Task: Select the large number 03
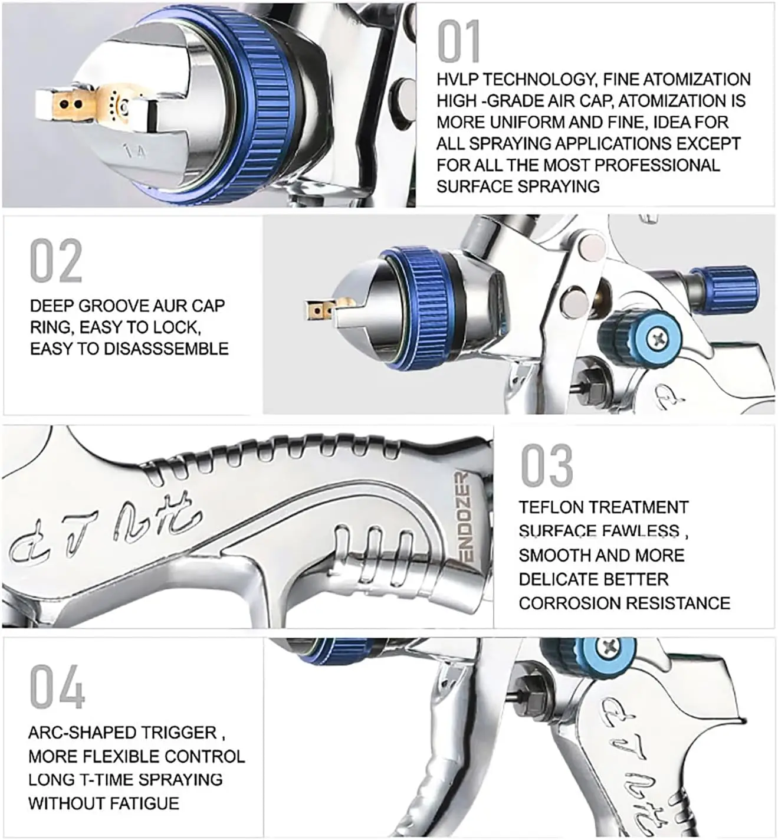(546, 465)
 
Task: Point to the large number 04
(57, 687)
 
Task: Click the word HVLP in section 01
(457, 80)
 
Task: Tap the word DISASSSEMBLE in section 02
(166, 349)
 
